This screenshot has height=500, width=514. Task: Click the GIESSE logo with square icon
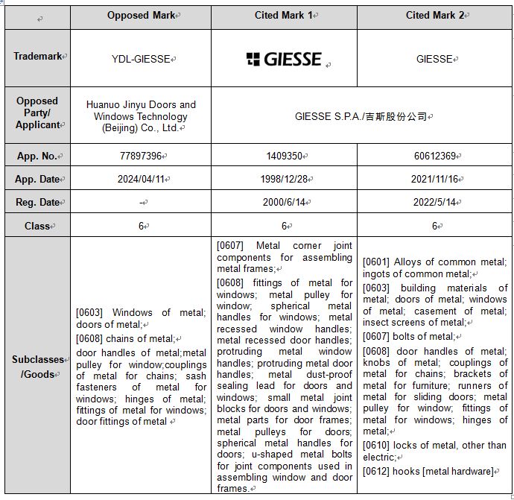(284, 59)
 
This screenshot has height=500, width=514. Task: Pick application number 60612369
(435, 156)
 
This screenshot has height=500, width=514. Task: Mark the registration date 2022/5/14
(435, 203)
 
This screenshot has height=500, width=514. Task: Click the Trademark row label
(38, 57)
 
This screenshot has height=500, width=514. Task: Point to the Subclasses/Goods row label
(38, 367)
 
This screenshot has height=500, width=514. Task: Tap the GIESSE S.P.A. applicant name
(362, 116)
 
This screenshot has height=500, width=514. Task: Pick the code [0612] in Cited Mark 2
(377, 471)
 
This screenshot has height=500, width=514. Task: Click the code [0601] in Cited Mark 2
(377, 262)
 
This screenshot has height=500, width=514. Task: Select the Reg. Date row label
(37, 203)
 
